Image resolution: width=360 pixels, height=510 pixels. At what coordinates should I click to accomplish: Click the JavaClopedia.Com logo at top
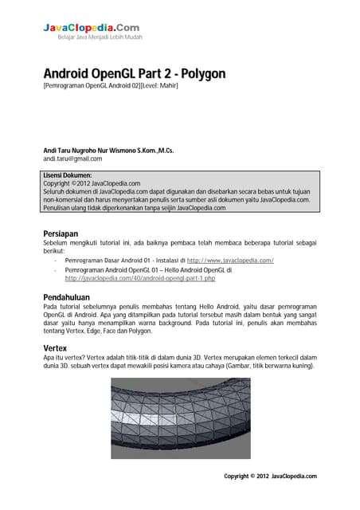point(91,28)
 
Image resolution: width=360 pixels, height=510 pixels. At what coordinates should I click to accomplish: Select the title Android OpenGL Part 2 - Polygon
point(134,73)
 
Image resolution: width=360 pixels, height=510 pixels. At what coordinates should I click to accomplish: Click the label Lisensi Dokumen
point(68,175)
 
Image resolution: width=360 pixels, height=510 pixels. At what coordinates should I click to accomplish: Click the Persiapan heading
point(61,233)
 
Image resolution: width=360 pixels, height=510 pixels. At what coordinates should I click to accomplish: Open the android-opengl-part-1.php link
point(140,279)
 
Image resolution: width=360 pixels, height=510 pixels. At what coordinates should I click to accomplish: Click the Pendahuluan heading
point(67,296)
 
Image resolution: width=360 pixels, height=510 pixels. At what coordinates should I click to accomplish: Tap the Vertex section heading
point(55,348)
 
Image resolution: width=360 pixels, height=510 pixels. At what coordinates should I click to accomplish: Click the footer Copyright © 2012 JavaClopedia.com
point(270,476)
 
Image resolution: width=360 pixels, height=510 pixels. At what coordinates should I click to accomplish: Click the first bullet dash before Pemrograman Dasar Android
point(54,261)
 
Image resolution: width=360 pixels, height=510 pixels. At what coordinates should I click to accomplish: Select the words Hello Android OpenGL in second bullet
point(209,270)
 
